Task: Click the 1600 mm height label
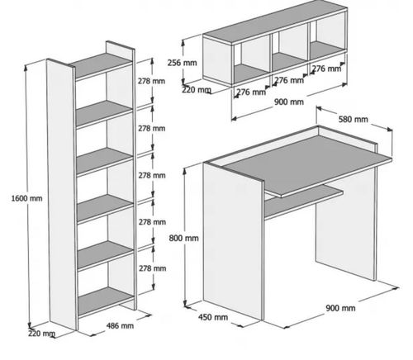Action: pyautogui.click(x=26, y=198)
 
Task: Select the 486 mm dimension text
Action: pyautogui.click(x=120, y=325)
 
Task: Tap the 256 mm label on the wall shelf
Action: pyautogui.click(x=183, y=63)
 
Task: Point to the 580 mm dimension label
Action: pyautogui.click(x=354, y=119)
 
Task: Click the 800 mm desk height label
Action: pyautogui.click(x=183, y=238)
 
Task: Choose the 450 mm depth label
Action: pyautogui.click(x=213, y=317)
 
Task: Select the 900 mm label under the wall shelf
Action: pyautogui.click(x=289, y=102)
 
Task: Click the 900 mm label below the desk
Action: pyautogui.click(x=340, y=308)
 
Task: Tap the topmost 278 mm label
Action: pyautogui.click(x=151, y=81)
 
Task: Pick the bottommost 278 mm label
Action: pyautogui.click(x=152, y=268)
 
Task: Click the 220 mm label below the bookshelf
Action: pyautogui.click(x=41, y=334)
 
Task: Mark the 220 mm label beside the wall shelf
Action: pyautogui.click(x=197, y=90)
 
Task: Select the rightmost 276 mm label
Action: pyautogui.click(x=326, y=69)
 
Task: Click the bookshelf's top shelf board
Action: pyautogui.click(x=102, y=65)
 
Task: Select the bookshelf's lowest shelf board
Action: pyautogui.click(x=106, y=302)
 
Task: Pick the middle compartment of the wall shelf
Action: pyautogui.click(x=290, y=52)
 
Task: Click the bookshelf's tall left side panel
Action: pyautogui.click(x=61, y=194)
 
